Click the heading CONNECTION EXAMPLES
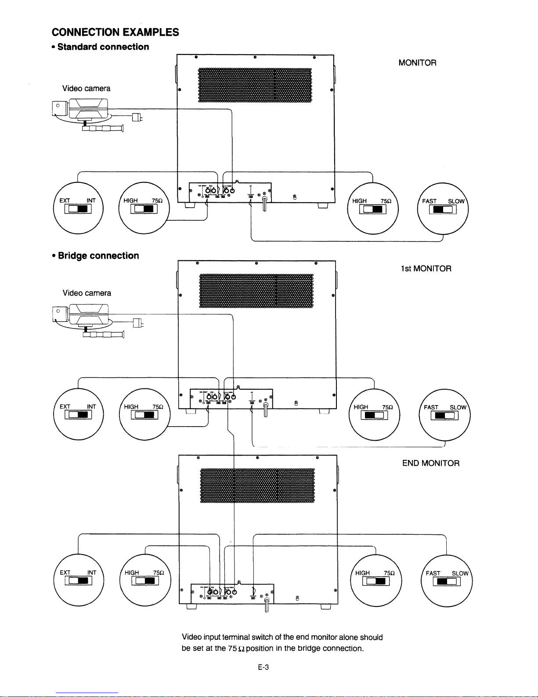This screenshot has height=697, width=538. point(115,32)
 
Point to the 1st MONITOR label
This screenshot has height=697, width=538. point(426,269)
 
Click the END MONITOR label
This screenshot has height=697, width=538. point(430,463)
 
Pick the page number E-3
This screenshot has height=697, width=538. point(263,667)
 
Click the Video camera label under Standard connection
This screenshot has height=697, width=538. point(86,88)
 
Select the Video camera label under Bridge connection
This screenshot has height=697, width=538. point(87,293)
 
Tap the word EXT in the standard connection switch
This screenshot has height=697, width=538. point(65,201)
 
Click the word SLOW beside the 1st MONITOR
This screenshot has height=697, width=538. point(458,407)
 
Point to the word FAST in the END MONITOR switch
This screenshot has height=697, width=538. point(433,573)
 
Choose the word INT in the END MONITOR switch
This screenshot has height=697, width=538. point(92,572)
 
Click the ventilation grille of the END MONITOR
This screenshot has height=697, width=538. point(257,485)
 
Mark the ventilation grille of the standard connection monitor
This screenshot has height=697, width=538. point(255,85)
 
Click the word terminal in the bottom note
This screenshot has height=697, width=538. point(236,637)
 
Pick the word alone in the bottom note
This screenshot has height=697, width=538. point(348,637)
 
